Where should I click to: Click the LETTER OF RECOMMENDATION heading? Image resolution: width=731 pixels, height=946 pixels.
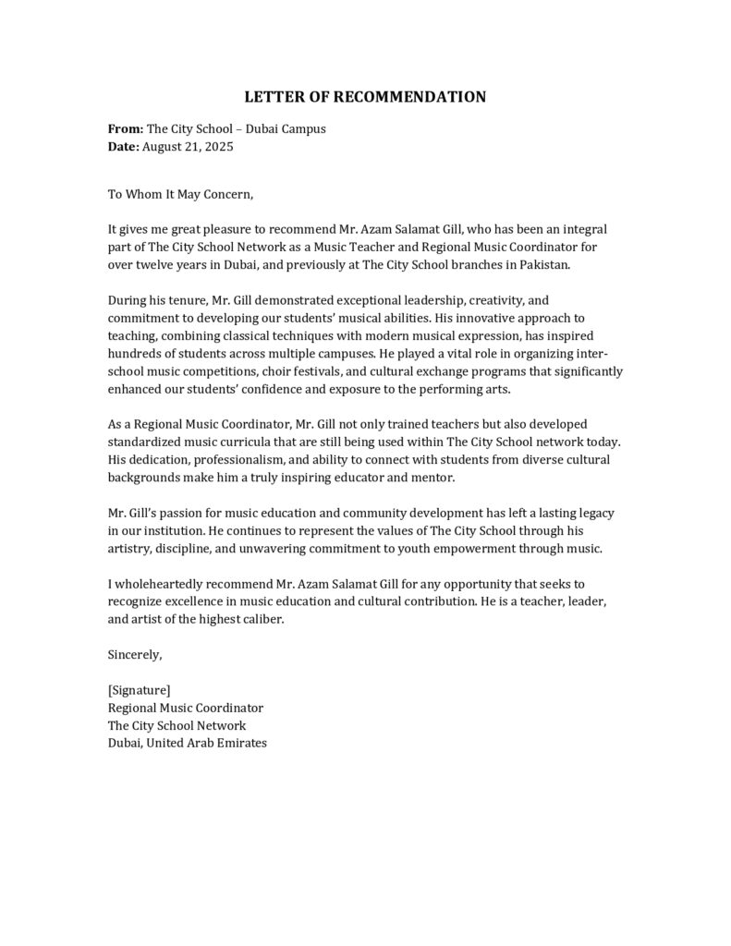click(x=365, y=97)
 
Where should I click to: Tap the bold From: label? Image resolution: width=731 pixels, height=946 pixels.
click(x=126, y=129)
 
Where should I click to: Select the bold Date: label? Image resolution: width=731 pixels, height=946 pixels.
click(x=124, y=147)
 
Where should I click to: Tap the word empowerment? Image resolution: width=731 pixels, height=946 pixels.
click(x=494, y=549)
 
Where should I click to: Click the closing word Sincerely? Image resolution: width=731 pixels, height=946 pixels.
click(x=135, y=655)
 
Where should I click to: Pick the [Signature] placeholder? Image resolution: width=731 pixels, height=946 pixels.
click(x=139, y=690)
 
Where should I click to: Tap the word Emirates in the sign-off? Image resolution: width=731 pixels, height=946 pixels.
click(x=240, y=743)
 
